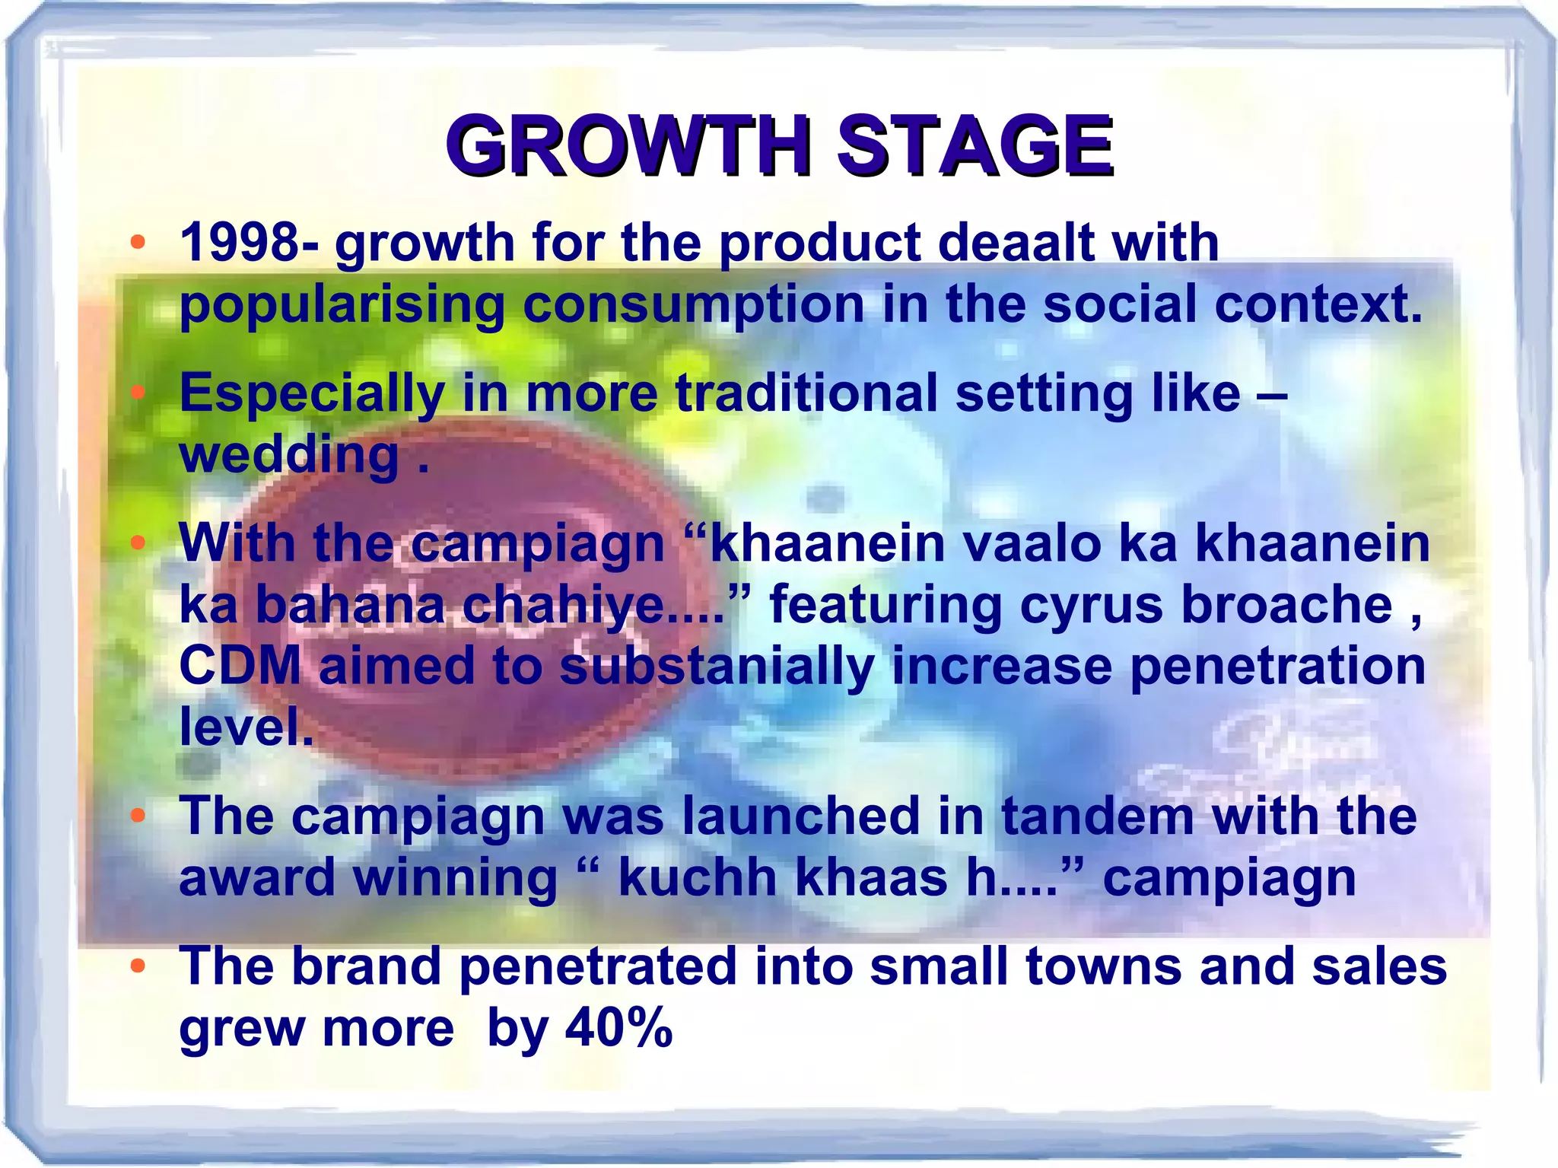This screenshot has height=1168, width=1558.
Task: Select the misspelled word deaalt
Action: [1016, 243]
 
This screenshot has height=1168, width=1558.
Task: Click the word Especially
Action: [312, 394]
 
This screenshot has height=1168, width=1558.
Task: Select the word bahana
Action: [349, 606]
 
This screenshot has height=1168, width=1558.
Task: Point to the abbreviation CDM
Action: [240, 667]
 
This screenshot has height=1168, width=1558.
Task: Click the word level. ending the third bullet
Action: [246, 727]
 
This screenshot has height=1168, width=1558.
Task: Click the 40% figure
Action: [618, 1028]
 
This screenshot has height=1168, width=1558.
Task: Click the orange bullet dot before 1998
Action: [137, 243]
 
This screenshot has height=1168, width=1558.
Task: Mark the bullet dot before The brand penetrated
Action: [137, 966]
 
